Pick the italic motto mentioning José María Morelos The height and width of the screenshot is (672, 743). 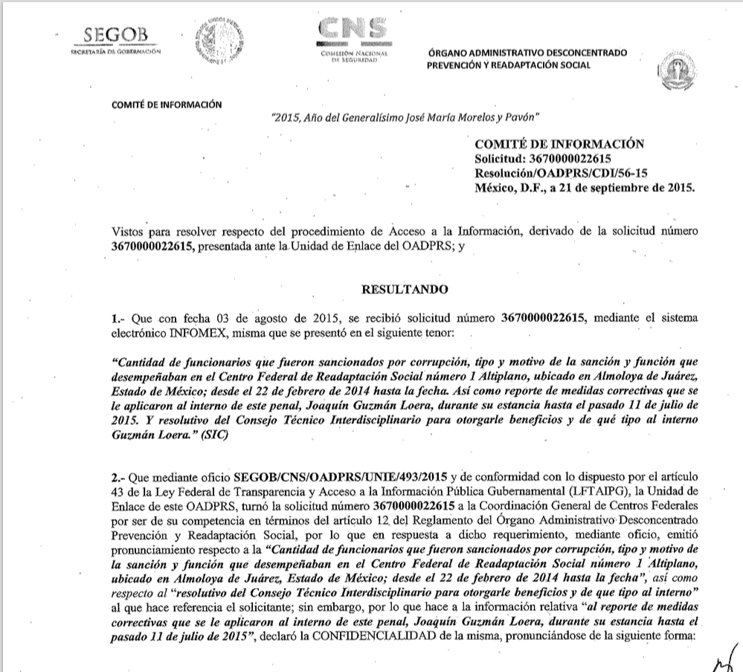[406, 118]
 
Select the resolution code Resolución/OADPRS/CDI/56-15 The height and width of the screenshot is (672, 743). [555, 173]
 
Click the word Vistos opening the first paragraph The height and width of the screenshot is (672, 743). [128, 231]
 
